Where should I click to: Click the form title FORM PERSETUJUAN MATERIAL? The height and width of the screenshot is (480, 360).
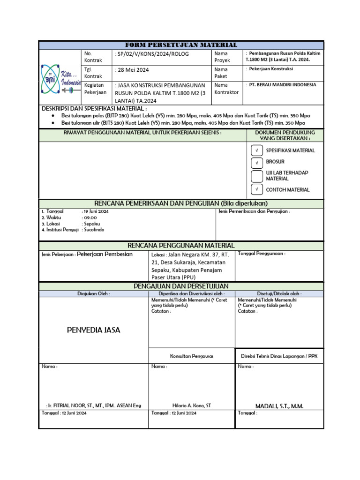(x=180, y=45)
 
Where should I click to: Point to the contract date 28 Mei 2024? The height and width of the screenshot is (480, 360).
(x=132, y=70)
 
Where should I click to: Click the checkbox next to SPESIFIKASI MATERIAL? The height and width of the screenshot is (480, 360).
(x=257, y=150)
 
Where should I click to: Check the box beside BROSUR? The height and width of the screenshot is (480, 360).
(x=257, y=163)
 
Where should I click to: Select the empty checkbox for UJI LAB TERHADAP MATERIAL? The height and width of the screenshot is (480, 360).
(x=257, y=176)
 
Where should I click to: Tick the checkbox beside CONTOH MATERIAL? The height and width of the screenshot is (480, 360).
(x=257, y=189)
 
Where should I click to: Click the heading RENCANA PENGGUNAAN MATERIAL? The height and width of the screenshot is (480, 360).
(x=181, y=246)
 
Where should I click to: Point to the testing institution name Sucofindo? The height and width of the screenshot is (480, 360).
(x=93, y=230)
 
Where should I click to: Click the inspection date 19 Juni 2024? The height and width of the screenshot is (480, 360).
(x=96, y=211)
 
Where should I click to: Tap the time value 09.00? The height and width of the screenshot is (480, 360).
(x=90, y=217)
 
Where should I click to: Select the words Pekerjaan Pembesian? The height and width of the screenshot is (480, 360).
(x=105, y=254)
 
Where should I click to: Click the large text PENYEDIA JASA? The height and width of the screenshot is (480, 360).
(x=94, y=330)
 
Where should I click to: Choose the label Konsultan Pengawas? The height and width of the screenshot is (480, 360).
(x=191, y=356)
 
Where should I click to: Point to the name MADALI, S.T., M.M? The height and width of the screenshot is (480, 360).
(x=279, y=406)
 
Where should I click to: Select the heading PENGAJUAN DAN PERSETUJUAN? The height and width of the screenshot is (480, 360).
(x=181, y=286)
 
